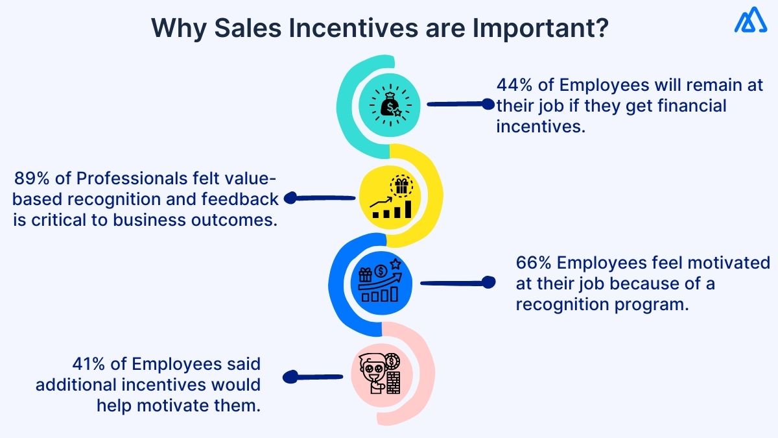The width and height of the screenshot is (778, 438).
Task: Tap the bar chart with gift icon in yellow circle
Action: pyautogui.click(x=393, y=198)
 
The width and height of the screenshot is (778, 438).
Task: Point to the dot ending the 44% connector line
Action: pyautogui.click(x=488, y=103)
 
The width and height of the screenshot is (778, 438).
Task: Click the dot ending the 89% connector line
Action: pyautogui.click(x=290, y=199)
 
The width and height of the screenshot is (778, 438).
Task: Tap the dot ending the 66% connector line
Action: pyautogui.click(x=489, y=282)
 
